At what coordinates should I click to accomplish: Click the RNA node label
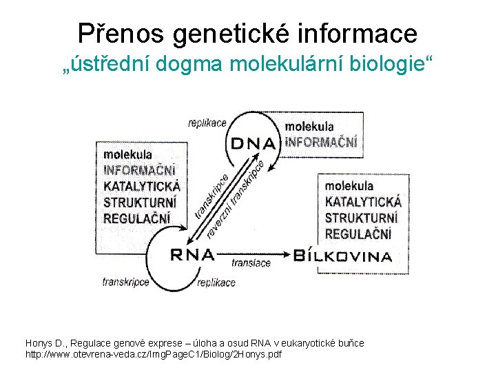click(192, 255)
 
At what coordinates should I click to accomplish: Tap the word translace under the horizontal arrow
click(251, 263)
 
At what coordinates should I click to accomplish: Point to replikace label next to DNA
click(207, 123)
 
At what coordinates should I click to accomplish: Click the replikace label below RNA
click(216, 282)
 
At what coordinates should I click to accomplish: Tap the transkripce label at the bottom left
click(126, 282)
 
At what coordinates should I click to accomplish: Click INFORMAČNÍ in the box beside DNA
click(321, 143)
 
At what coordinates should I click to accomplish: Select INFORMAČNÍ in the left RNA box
click(139, 169)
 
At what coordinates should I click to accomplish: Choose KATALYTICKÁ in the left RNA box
click(142, 186)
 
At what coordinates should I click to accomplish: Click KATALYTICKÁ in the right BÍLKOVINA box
click(363, 202)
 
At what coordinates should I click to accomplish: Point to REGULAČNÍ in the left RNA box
click(136, 218)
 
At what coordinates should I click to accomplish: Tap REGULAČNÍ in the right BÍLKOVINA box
click(358, 234)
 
